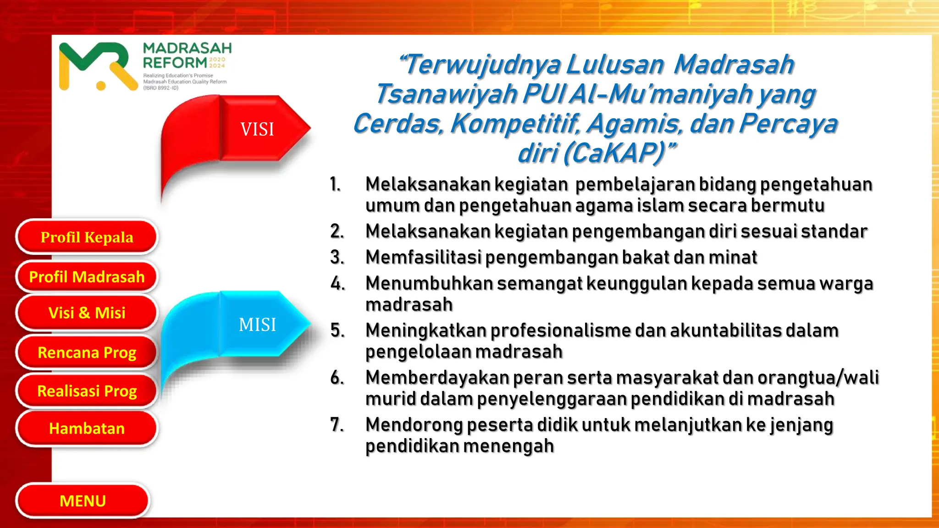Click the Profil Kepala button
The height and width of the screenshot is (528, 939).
click(87, 237)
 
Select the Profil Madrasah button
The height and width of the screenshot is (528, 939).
click(87, 277)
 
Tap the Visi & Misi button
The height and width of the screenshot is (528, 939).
click(87, 313)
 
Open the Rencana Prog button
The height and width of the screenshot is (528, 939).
click(87, 352)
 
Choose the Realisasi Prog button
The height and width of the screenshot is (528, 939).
click(87, 391)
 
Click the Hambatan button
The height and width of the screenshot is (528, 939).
click(87, 428)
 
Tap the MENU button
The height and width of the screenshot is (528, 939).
click(83, 500)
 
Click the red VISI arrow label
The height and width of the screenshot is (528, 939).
click(257, 129)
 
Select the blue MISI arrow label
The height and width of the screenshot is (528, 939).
click(257, 324)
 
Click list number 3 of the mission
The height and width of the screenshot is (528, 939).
click(337, 257)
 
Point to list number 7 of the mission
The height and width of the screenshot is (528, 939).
click(337, 424)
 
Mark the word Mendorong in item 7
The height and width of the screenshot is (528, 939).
click(414, 424)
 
